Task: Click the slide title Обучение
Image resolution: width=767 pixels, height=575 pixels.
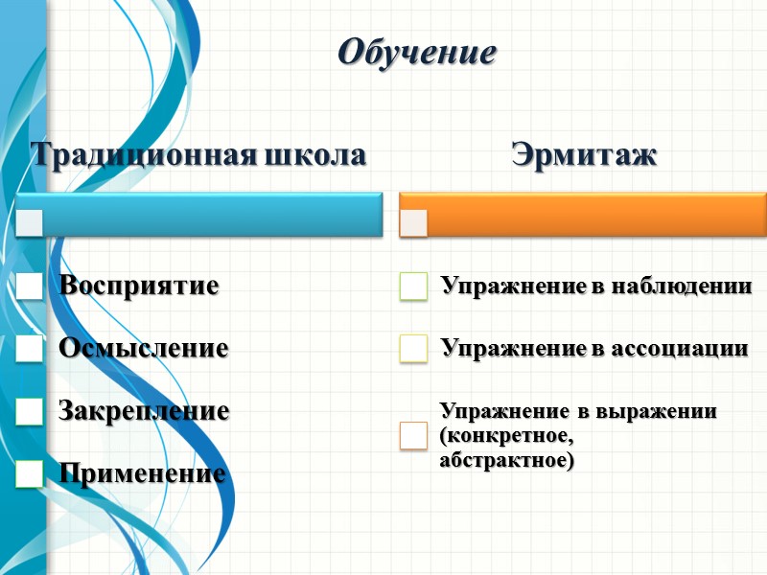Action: (417, 52)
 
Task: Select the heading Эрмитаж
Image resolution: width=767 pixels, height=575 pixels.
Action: (585, 154)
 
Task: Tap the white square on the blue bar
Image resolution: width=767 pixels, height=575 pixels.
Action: (30, 221)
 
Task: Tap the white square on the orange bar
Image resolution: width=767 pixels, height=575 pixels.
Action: (414, 221)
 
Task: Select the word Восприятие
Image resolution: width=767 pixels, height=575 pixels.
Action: (139, 286)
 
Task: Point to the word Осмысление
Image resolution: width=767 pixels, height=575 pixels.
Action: (144, 348)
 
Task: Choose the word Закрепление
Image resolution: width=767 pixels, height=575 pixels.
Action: (144, 411)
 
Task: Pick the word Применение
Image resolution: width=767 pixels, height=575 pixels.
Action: (143, 473)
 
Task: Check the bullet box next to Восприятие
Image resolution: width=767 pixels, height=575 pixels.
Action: (30, 287)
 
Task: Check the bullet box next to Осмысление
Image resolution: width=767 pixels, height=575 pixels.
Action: (30, 349)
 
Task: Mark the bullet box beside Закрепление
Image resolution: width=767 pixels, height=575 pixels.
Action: (30, 411)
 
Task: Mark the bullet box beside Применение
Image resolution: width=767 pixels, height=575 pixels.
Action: (30, 473)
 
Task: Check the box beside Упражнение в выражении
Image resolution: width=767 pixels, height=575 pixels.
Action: (413, 436)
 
